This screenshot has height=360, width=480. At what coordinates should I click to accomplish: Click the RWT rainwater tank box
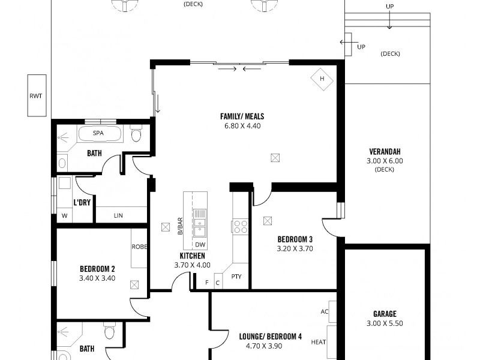tap(37, 95)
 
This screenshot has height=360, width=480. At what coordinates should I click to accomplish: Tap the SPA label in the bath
tap(98, 133)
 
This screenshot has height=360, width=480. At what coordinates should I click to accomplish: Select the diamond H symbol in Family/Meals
tap(322, 79)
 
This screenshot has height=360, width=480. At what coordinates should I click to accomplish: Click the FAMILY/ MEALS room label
tap(242, 116)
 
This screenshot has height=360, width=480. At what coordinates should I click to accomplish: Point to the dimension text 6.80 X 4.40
tap(242, 126)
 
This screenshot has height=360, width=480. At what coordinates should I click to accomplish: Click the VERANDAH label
tap(385, 151)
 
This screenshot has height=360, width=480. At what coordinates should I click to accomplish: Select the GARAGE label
tap(384, 313)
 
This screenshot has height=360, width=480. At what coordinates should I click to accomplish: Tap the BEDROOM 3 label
tap(295, 238)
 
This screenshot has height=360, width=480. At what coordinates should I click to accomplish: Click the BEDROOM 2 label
tap(97, 268)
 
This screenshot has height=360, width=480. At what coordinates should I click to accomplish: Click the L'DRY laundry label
tap(82, 202)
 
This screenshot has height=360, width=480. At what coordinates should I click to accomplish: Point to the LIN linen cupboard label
tap(118, 215)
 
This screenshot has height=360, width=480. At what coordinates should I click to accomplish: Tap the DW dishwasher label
tap(200, 244)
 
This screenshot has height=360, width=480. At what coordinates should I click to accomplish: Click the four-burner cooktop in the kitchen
tap(241, 226)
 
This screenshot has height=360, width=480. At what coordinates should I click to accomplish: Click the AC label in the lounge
tap(325, 311)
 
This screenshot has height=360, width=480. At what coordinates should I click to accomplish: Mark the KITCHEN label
tap(192, 256)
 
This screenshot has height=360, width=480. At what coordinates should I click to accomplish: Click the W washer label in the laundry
tap(64, 216)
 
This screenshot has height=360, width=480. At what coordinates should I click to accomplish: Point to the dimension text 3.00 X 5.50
tap(384, 323)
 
